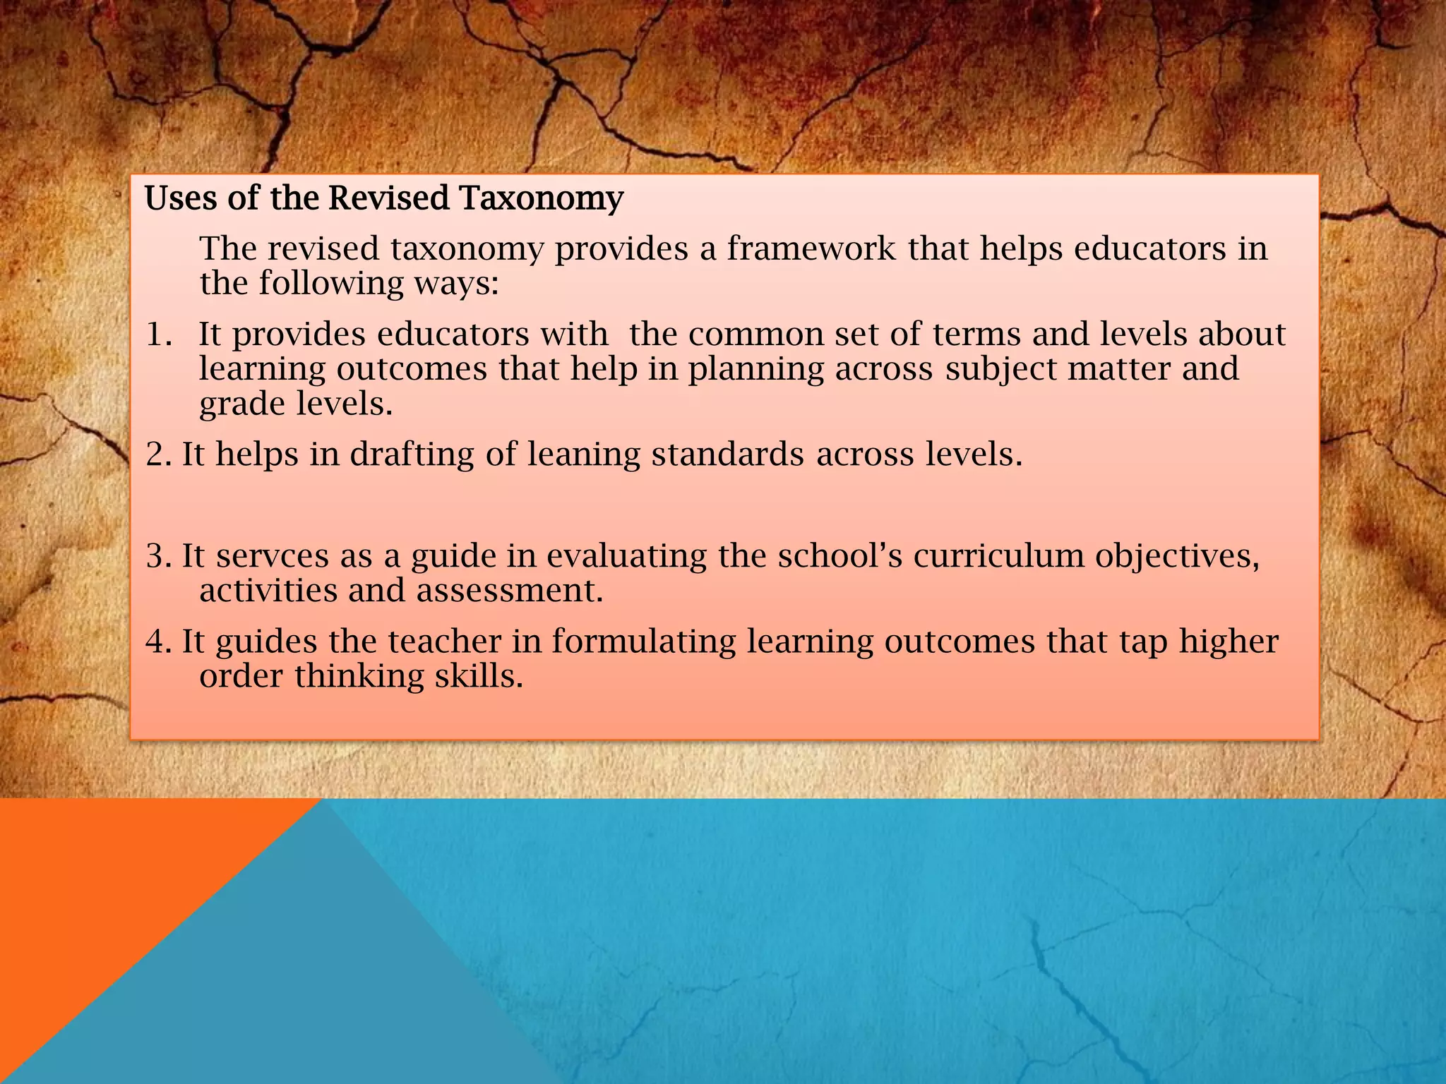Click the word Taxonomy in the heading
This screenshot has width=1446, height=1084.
(x=542, y=198)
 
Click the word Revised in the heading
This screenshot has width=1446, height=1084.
(x=388, y=198)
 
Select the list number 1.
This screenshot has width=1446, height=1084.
(x=159, y=335)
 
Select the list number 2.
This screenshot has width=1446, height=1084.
(x=158, y=454)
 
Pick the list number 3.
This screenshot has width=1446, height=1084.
(x=158, y=556)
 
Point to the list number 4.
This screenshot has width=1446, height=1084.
(x=158, y=642)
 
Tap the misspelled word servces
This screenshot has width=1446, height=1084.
(x=273, y=556)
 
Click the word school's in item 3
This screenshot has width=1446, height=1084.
(x=839, y=555)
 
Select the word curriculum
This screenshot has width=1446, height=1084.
(x=998, y=555)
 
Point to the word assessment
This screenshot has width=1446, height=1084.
(x=510, y=591)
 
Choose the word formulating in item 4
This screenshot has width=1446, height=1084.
(x=644, y=642)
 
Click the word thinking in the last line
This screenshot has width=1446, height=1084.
(x=359, y=677)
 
